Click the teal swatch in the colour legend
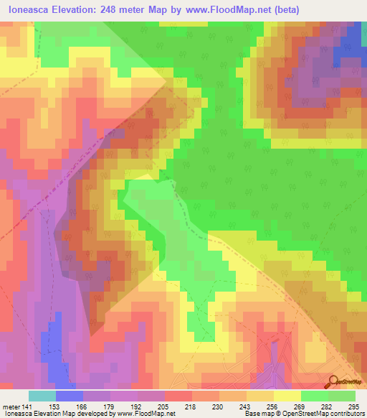[x=42, y=396]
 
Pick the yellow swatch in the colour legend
[x=287, y=396]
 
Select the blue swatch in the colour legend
[x=70, y=396]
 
